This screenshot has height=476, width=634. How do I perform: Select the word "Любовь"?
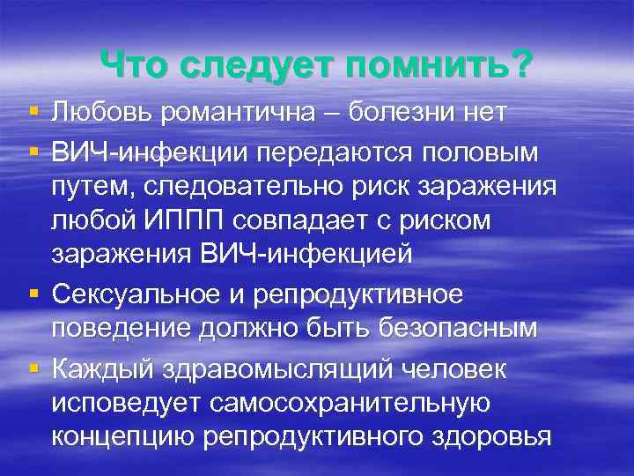click(x=100, y=112)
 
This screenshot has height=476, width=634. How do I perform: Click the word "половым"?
click(x=487, y=151)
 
